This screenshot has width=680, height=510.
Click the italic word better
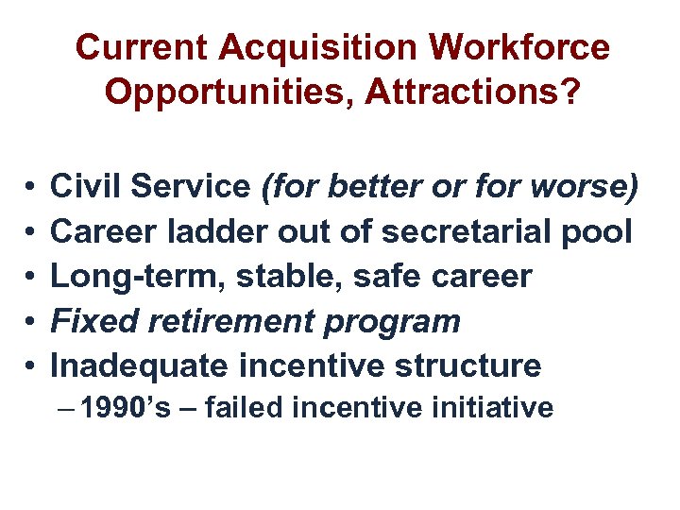[368, 186]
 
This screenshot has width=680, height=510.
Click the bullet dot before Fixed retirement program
[31, 321]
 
